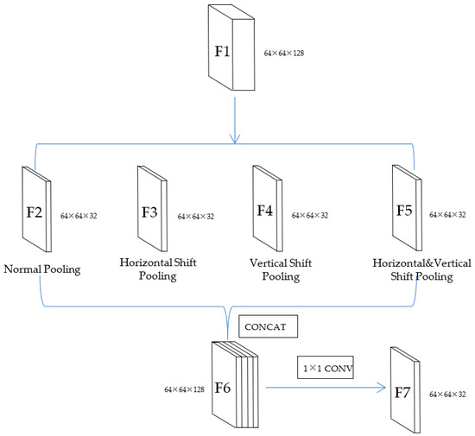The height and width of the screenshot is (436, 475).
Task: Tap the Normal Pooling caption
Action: pos(41,269)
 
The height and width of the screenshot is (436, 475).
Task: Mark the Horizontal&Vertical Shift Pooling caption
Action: pos(413,269)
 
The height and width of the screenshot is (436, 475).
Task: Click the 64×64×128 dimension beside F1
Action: pos(284,54)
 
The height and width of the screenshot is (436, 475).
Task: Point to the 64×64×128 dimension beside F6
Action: pos(184,390)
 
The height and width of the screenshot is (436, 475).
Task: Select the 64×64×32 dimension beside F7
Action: pos(447,394)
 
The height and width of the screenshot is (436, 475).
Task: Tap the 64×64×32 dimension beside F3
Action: pos(195,216)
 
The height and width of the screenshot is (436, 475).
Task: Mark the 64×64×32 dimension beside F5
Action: pos(449,213)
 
